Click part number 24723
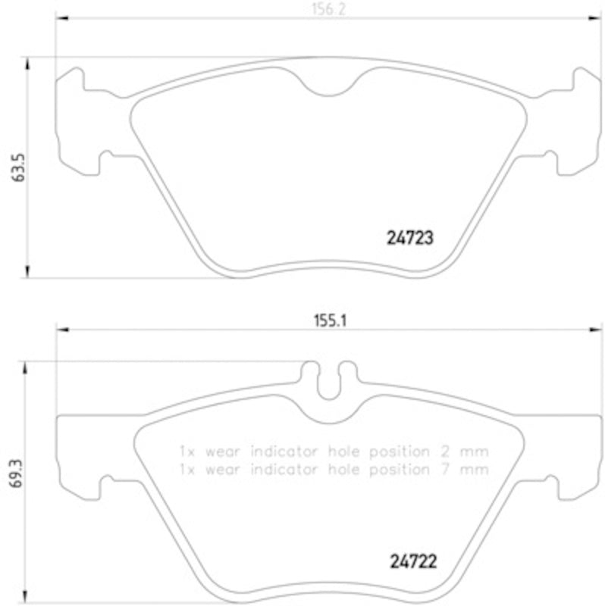coord(405,238)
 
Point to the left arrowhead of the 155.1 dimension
coord(63,330)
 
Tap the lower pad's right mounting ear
coord(573,454)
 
